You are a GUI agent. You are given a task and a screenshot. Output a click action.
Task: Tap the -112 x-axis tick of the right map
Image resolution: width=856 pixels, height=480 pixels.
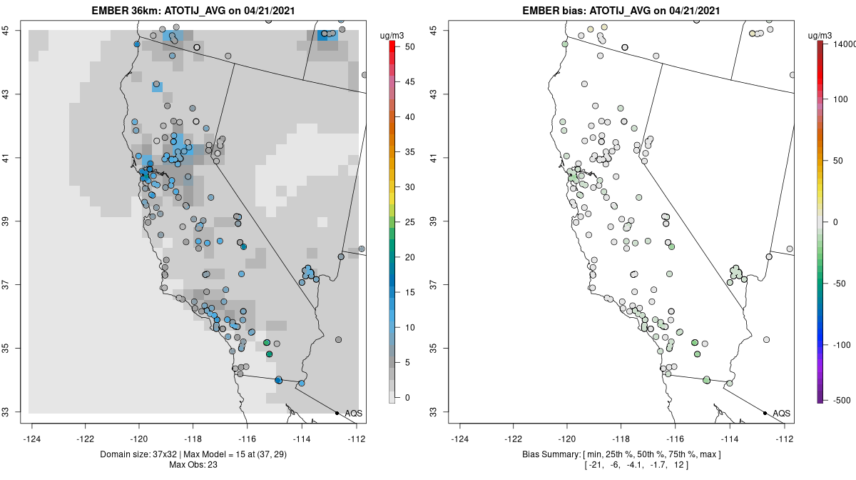tap(785, 438)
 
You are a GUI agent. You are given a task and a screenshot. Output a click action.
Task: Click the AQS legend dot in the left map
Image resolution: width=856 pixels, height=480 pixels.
tap(337, 413)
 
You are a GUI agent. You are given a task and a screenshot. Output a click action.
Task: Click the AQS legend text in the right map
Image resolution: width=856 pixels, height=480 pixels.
tap(782, 413)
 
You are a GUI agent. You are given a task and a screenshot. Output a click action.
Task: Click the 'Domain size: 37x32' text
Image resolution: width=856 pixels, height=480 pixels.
tap(129, 454)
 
